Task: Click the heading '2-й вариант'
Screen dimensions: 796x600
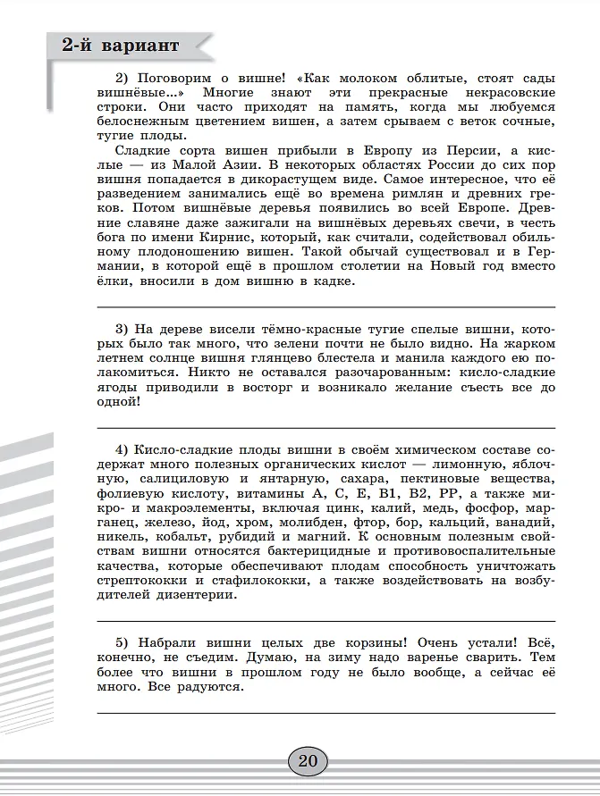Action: point(120,46)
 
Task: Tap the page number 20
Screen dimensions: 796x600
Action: point(308,761)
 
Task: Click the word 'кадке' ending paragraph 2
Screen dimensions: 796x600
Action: point(332,281)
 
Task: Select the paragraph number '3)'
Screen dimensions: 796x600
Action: point(124,328)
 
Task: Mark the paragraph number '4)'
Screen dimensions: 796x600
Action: point(124,449)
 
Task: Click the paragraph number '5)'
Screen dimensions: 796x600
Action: point(124,642)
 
